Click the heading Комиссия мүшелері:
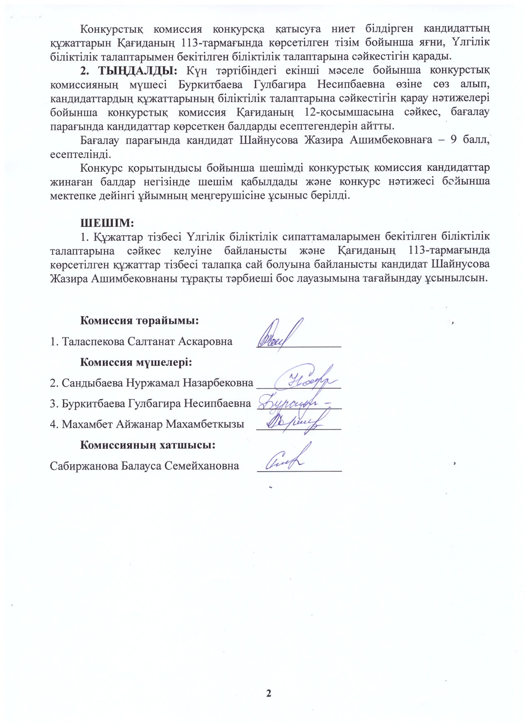pos(136,362)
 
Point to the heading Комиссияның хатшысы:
pos(148,445)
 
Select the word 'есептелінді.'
pos(80,154)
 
